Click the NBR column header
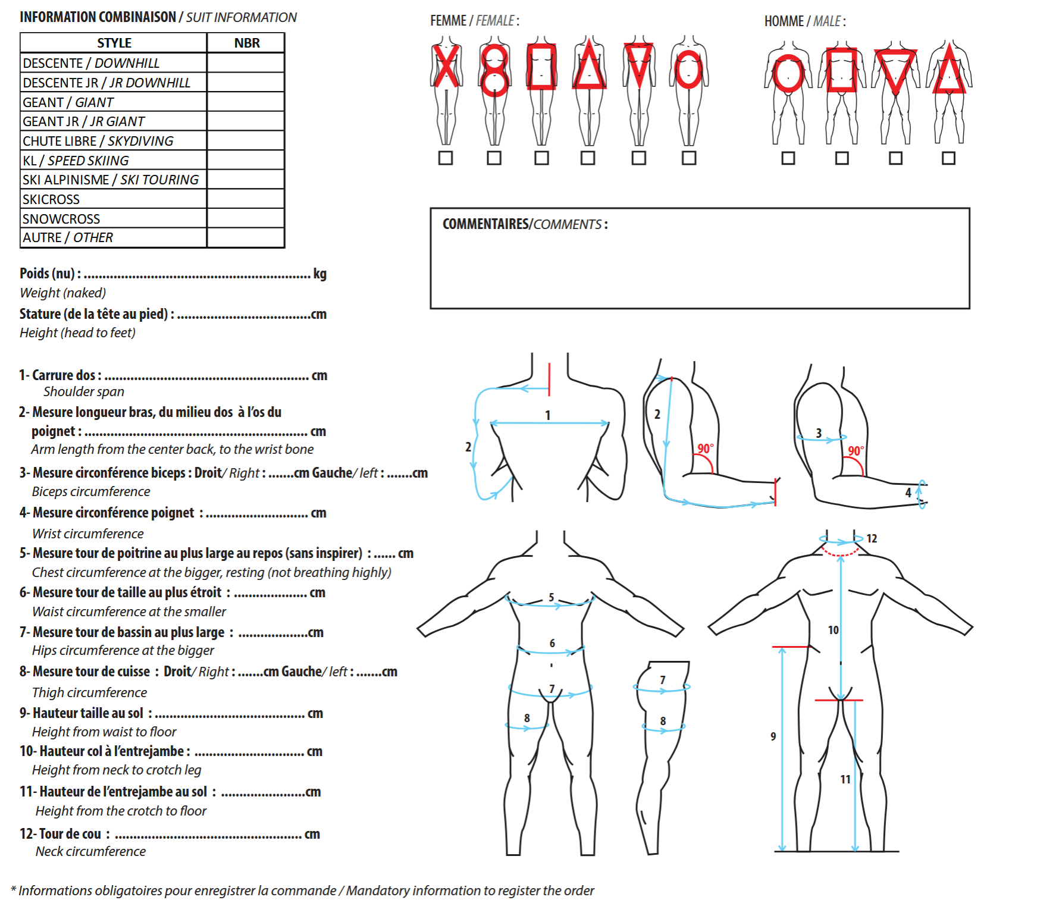pos(247,43)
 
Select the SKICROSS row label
pos(51,199)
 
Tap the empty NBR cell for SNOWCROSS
pos(246,218)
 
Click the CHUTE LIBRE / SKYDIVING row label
pos(98,141)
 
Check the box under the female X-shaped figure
pos(446,158)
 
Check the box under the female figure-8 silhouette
pos(494,158)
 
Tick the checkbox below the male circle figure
pos(788,158)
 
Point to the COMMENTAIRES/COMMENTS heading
pos(525,224)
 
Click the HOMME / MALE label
pos(805,21)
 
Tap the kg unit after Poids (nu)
pos(320,274)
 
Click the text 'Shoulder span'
pos(84,391)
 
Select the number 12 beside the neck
pos(872,538)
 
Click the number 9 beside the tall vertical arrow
pos(773,736)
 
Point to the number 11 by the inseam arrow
pos(845,779)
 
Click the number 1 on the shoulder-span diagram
pos(548,415)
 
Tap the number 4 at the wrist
pos(908,493)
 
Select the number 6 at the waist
pos(552,643)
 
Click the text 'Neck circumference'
pos(90,851)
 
